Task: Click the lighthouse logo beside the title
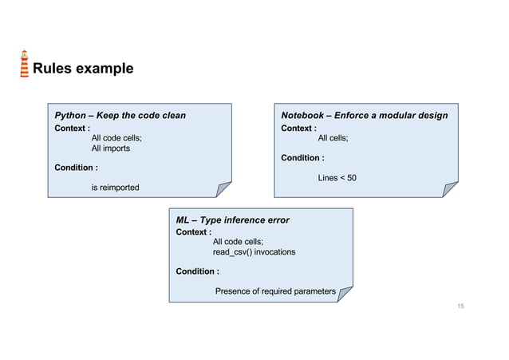click(25, 65)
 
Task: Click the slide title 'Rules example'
click(82, 69)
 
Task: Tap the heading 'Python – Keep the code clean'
click(120, 116)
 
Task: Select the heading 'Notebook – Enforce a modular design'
click(364, 116)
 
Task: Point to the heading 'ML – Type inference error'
click(232, 220)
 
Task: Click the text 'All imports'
click(110, 148)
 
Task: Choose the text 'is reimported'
click(115, 188)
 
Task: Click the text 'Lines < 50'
click(337, 177)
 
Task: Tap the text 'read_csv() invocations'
click(254, 252)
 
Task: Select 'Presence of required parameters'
click(275, 291)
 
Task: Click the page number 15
click(460, 307)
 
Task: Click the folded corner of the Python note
click(223, 189)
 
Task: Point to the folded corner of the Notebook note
click(451, 189)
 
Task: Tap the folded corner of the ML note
click(345, 294)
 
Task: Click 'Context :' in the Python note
click(72, 128)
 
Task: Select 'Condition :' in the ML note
click(197, 271)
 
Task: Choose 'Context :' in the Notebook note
click(298, 128)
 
